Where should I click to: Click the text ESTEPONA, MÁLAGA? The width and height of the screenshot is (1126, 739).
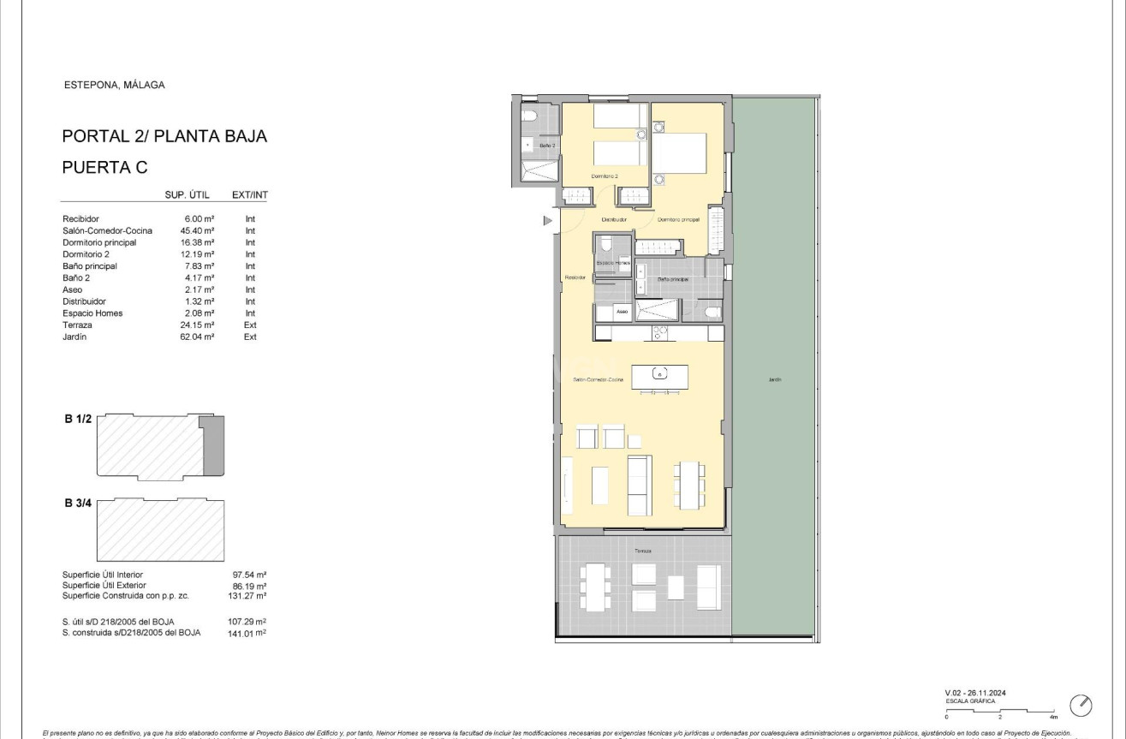click(x=114, y=85)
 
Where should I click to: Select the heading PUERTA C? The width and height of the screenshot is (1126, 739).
click(x=104, y=168)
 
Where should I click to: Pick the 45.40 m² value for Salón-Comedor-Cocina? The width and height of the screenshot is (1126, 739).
click(x=198, y=231)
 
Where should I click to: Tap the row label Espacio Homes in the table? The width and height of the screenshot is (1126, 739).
click(x=92, y=313)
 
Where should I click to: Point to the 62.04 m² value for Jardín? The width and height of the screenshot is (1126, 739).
click(x=198, y=337)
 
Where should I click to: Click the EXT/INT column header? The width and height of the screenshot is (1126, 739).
click(x=250, y=195)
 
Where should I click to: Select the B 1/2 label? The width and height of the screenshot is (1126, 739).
click(x=77, y=419)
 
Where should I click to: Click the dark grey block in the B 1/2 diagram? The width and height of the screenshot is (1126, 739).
click(x=213, y=446)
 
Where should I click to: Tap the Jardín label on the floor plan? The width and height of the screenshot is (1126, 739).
click(x=774, y=379)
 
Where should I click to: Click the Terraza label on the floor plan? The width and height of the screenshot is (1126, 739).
click(x=642, y=551)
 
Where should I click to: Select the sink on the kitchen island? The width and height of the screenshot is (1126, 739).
click(x=659, y=373)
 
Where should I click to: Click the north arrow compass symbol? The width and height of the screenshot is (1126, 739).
click(x=1081, y=705)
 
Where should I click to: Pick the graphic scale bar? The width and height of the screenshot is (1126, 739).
click(x=1001, y=710)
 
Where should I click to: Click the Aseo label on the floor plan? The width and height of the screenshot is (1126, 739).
click(x=622, y=312)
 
